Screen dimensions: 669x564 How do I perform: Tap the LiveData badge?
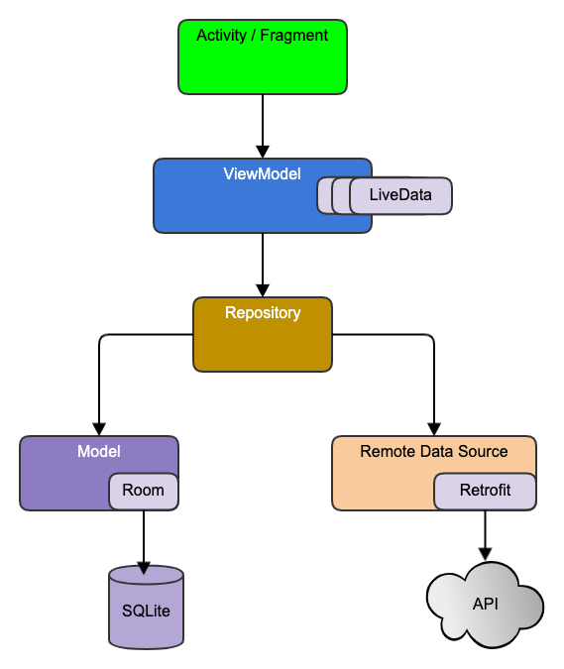(400, 195)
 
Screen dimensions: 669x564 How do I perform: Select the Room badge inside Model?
(144, 491)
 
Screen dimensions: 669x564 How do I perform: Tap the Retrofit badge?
(485, 491)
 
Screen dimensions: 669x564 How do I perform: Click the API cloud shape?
(485, 604)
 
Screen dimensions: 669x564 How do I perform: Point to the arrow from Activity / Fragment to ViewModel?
(263, 124)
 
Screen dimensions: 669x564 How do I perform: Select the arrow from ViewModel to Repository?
(263, 263)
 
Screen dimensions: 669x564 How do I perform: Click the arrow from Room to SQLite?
(145, 540)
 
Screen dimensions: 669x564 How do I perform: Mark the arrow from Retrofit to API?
(485, 535)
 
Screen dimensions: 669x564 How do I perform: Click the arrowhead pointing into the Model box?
(99, 427)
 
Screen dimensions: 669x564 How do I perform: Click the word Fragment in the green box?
(295, 36)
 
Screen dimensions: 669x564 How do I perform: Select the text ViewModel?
(262, 173)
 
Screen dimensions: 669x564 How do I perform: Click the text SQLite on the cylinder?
(146, 610)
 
